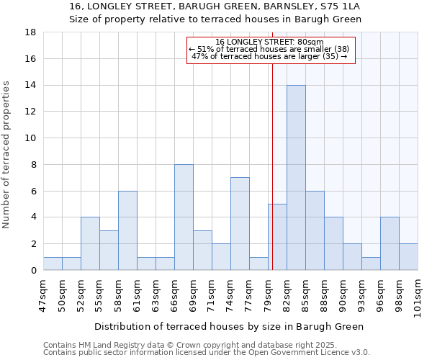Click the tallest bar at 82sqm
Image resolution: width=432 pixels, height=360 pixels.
point(296,178)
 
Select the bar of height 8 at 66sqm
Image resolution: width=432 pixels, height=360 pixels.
point(184,217)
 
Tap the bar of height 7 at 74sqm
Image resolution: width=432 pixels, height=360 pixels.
point(240,224)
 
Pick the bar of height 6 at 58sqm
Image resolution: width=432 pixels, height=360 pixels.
point(127,230)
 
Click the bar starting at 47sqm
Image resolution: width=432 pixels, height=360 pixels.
point(53,264)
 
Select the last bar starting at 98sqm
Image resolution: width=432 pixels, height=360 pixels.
point(408,257)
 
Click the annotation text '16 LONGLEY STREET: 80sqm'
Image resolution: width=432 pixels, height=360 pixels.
point(269,42)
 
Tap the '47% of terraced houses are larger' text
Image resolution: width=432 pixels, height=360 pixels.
point(269,56)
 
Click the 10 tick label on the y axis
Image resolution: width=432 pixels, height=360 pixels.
point(31,138)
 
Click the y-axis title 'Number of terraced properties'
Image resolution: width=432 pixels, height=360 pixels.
point(7,155)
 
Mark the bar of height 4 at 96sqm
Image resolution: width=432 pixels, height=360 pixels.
point(390,244)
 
